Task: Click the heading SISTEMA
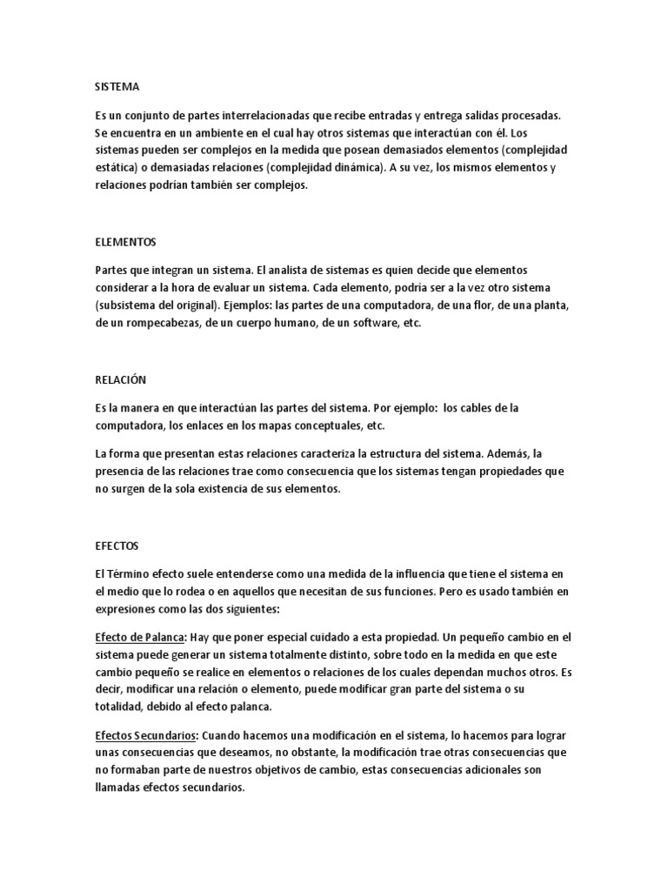117,87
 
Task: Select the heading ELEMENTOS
125,241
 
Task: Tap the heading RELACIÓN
120,379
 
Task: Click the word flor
471,305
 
